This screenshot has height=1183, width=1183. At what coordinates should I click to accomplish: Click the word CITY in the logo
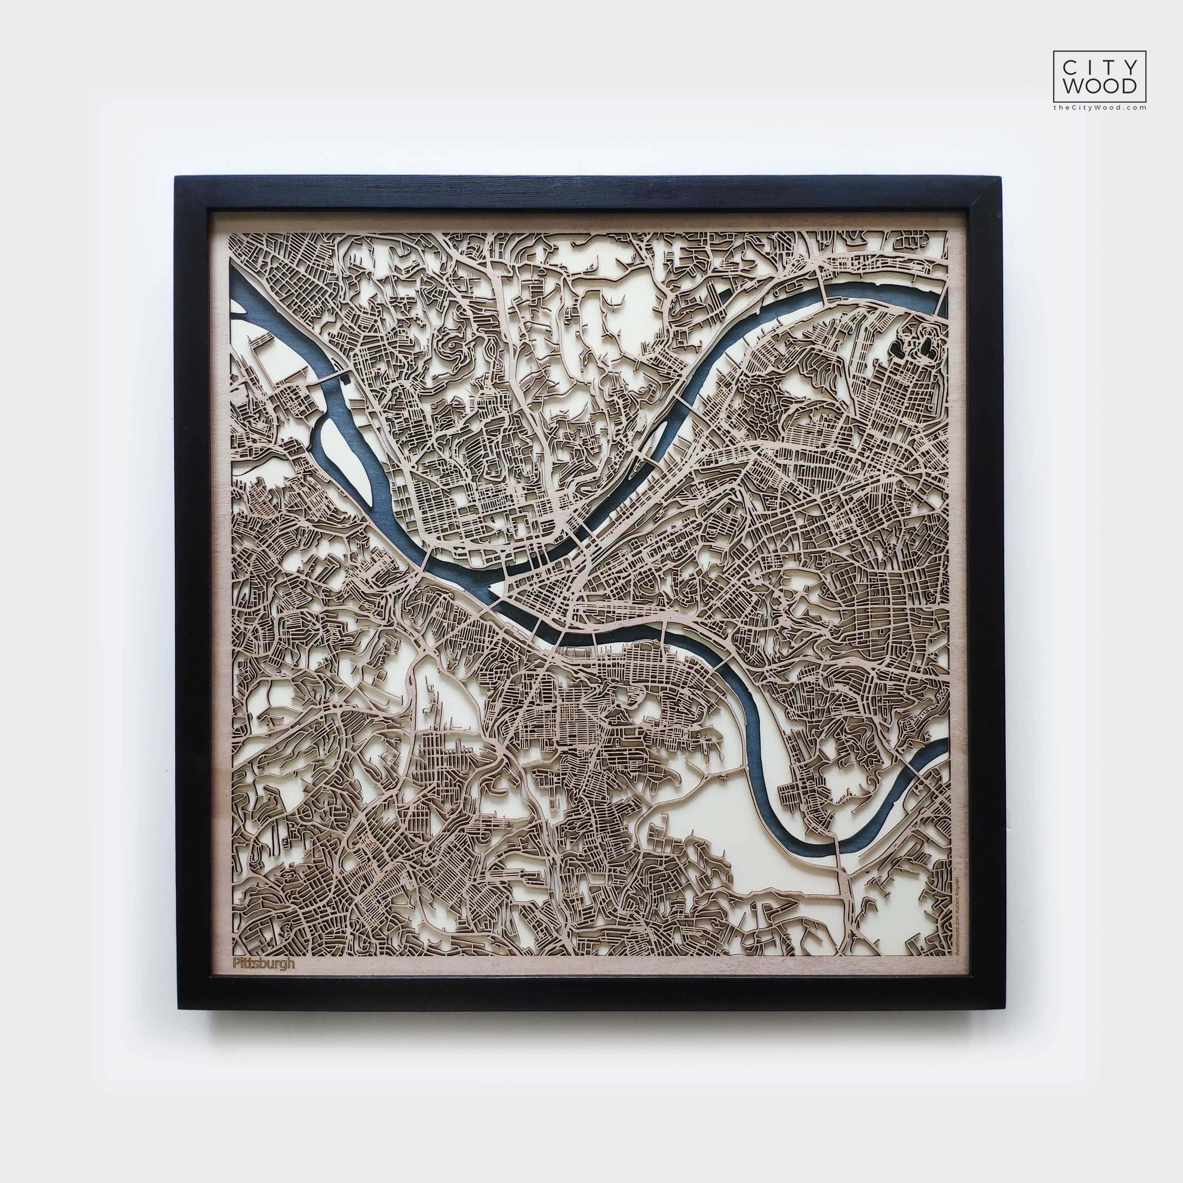pyautogui.click(x=1099, y=65)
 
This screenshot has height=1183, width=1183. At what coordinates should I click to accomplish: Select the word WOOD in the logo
pyautogui.click(x=1099, y=86)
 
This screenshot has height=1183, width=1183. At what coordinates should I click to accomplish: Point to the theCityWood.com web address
pyautogui.click(x=1099, y=107)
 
